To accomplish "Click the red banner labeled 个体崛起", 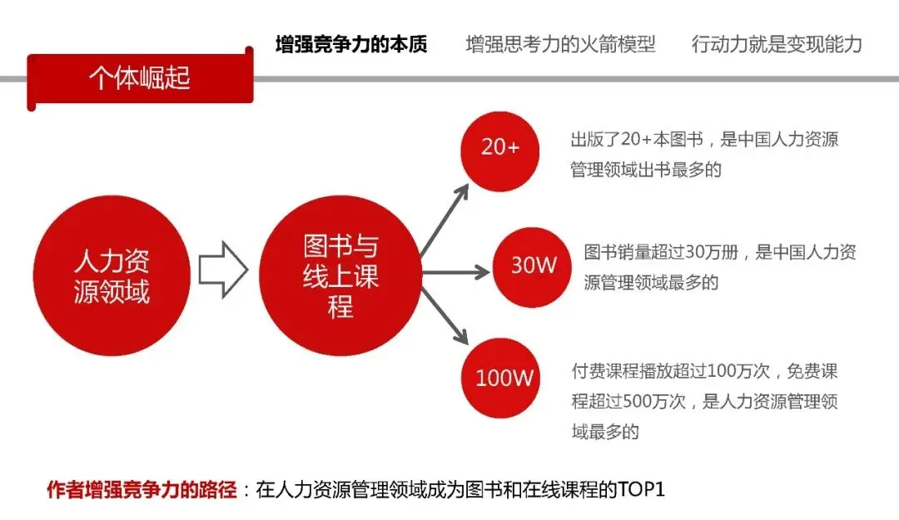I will tap(140, 79).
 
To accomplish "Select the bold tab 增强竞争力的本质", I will tap(351, 44).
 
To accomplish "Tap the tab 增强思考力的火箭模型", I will tap(560, 44).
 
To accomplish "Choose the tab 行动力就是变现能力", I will tap(777, 44).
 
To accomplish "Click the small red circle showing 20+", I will tap(500, 148).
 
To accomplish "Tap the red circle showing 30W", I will tap(534, 266).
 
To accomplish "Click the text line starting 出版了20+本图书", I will tap(703, 139).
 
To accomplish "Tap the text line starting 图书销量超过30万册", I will tap(720, 252).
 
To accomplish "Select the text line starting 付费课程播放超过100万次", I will tap(703, 370).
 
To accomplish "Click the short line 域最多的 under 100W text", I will tap(605, 432).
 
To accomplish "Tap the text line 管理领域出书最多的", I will tap(646, 170).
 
